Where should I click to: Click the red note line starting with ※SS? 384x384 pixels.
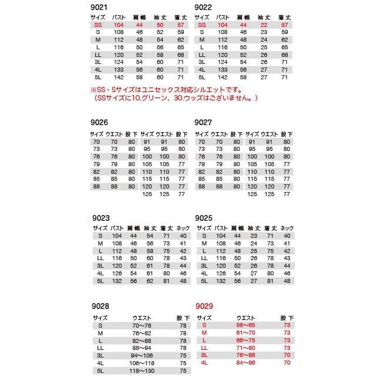(x=166, y=90)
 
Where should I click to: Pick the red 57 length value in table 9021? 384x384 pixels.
(x=180, y=26)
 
